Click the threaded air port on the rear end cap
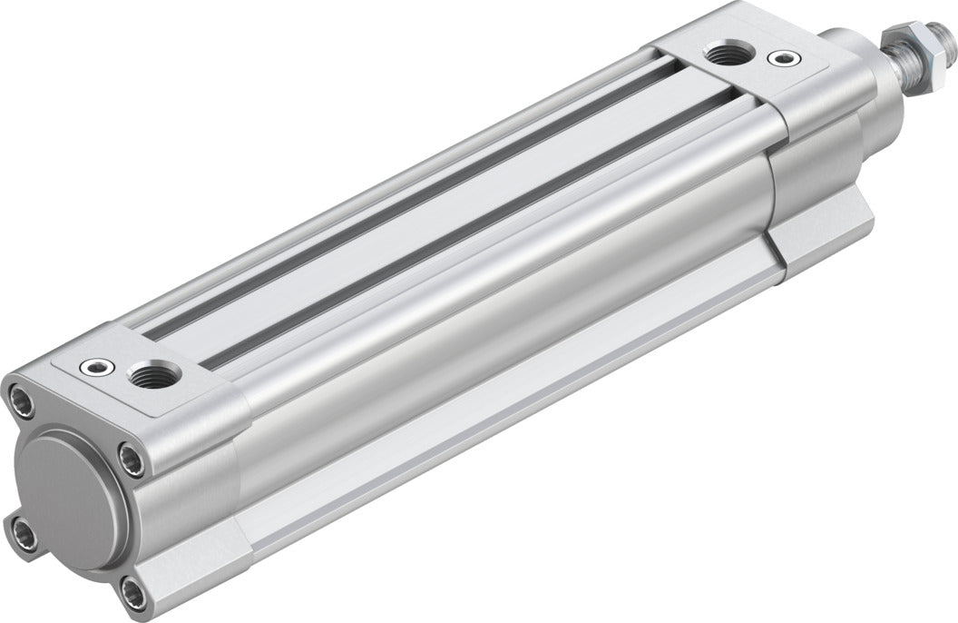click(147, 374)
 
